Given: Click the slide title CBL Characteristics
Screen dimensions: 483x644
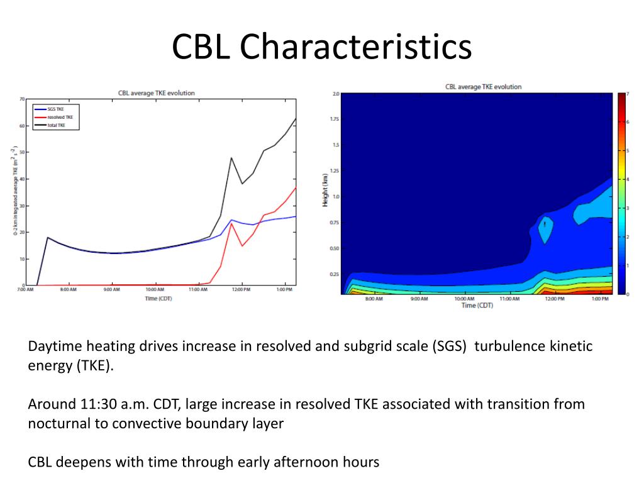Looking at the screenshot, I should click(x=322, y=47).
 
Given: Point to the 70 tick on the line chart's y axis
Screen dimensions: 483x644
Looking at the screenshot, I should click(x=22, y=99).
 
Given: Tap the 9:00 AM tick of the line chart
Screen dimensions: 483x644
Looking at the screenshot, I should click(x=112, y=291).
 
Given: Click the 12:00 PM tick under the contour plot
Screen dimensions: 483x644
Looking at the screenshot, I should click(x=555, y=299).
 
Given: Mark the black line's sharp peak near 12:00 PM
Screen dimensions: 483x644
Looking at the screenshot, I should click(x=231, y=158).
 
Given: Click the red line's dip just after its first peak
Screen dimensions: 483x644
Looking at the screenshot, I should click(x=242, y=246).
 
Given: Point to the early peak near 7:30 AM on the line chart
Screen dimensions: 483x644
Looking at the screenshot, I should click(x=48, y=238).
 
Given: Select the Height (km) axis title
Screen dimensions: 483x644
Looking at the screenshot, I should click(x=325, y=189).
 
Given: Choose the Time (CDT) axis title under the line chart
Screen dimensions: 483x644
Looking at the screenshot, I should click(x=158, y=298).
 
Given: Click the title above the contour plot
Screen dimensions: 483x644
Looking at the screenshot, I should click(x=483, y=87).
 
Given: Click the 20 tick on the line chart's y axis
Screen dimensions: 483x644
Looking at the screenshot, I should click(x=22, y=232).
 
